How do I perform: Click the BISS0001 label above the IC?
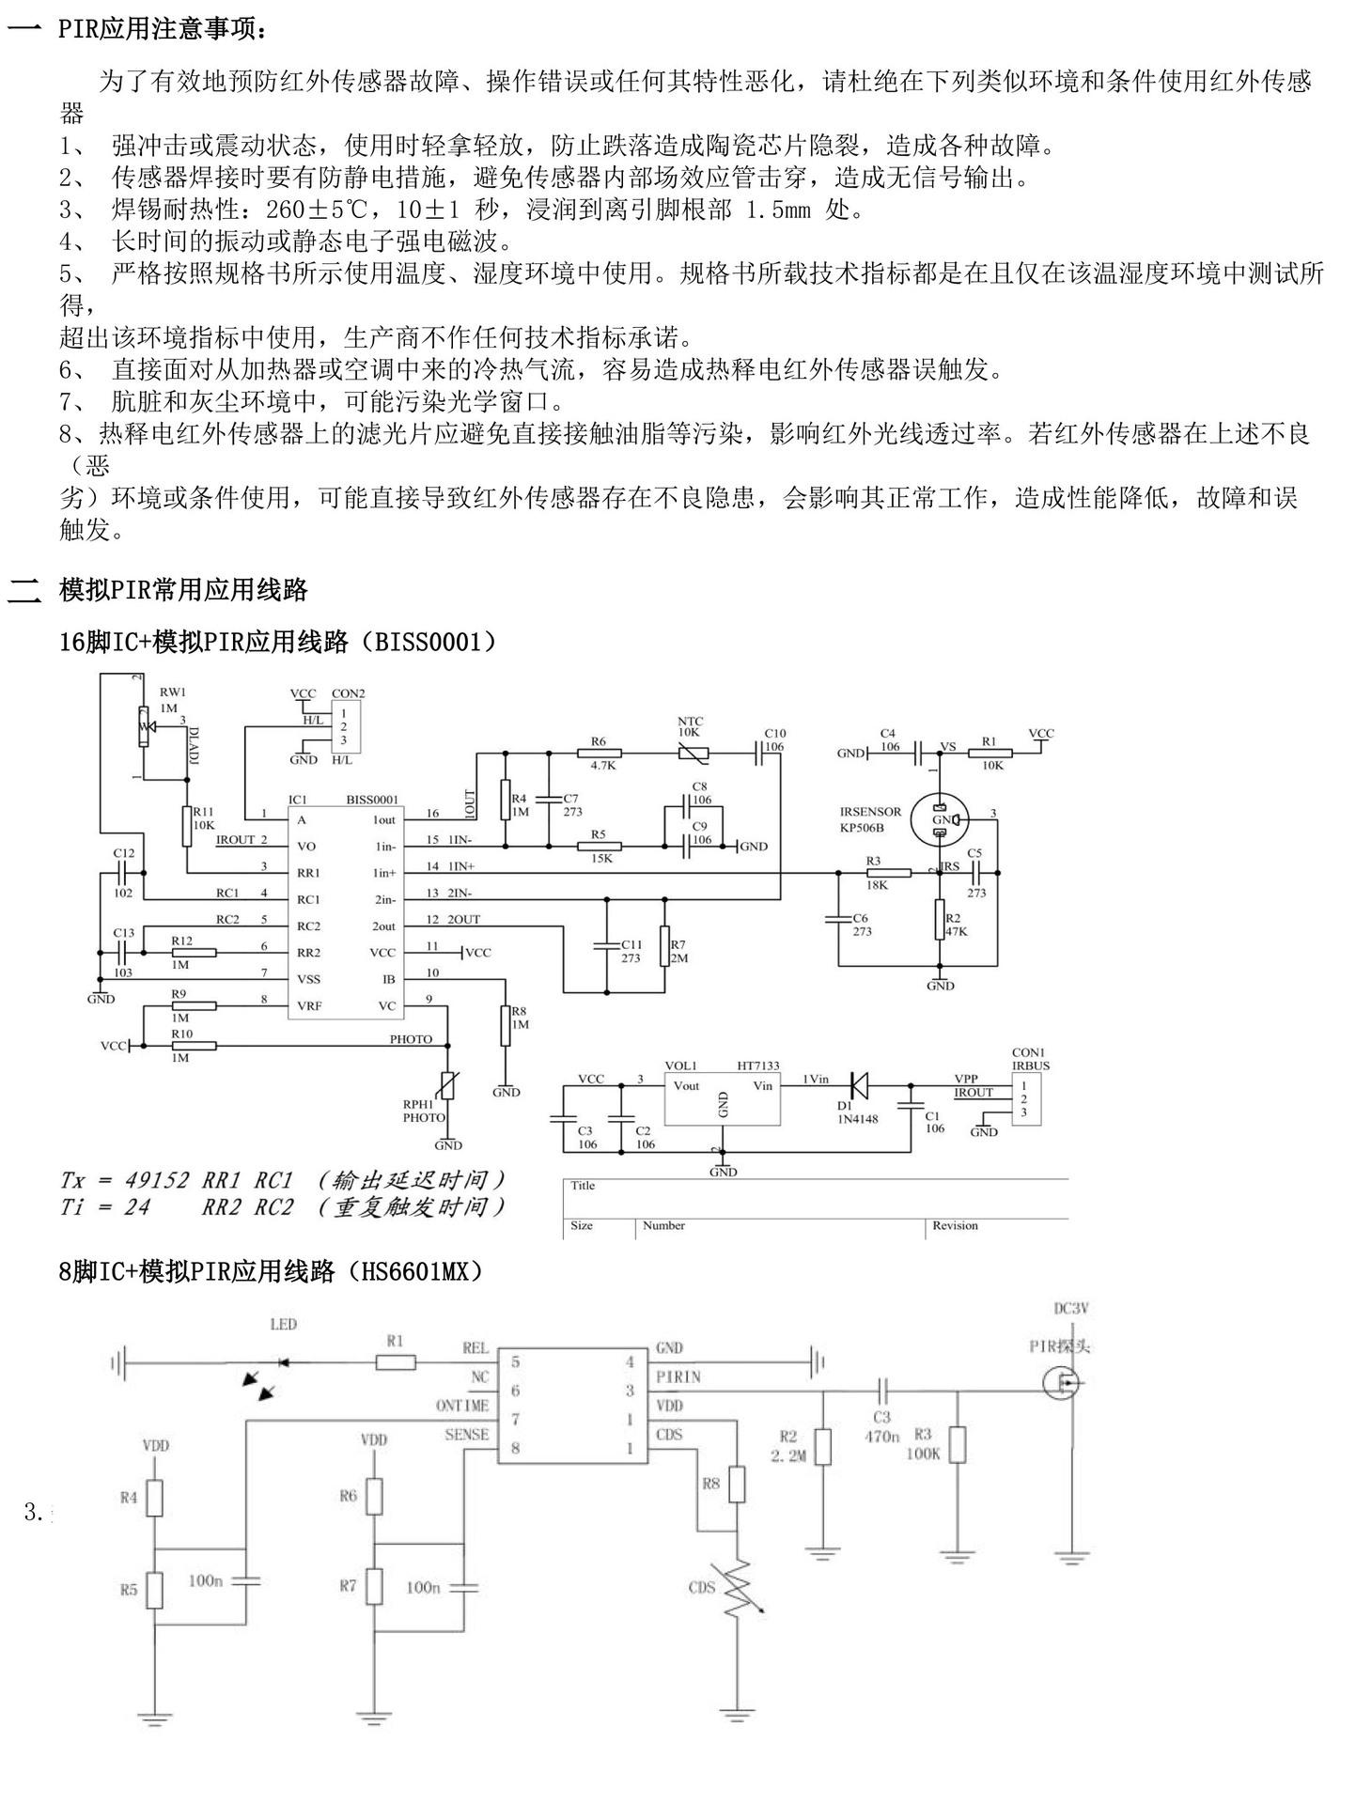point(372,800)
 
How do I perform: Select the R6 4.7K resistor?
point(599,753)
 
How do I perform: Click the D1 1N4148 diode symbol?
point(857,1085)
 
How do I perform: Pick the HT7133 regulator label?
point(757,1065)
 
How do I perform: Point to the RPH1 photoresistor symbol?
point(448,1088)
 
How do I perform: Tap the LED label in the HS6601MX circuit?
point(283,1325)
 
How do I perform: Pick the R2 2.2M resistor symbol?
point(822,1448)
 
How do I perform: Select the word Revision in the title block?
point(955,1225)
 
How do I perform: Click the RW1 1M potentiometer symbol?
point(143,725)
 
